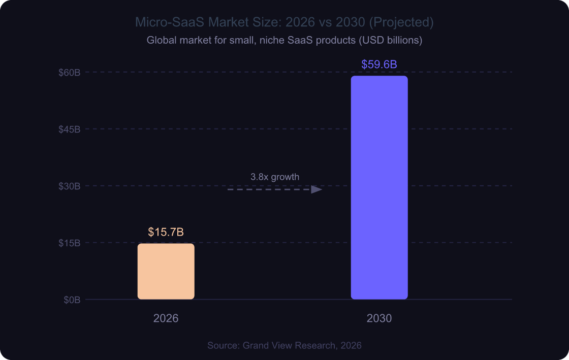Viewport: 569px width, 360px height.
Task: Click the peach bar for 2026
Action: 166,271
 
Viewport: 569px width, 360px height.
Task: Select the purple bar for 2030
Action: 379,187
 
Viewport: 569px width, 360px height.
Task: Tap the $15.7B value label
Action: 166,232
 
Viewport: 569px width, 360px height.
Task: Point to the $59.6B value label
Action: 379,64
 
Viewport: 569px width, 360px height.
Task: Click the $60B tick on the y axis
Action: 70,72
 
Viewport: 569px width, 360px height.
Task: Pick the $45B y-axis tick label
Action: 70,129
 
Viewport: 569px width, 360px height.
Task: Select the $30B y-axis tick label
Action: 70,186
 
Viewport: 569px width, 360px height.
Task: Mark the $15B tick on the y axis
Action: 70,243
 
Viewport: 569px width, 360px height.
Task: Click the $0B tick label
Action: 72,300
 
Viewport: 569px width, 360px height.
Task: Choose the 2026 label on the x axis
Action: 166,319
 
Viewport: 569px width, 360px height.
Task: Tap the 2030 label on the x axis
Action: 379,319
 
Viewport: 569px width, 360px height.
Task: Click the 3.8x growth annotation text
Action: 275,177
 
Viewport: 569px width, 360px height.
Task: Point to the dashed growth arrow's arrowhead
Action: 317,189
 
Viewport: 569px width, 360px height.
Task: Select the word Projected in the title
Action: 406,22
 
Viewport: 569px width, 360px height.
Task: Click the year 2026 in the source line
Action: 351,345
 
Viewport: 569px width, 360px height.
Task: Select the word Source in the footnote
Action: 223,345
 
